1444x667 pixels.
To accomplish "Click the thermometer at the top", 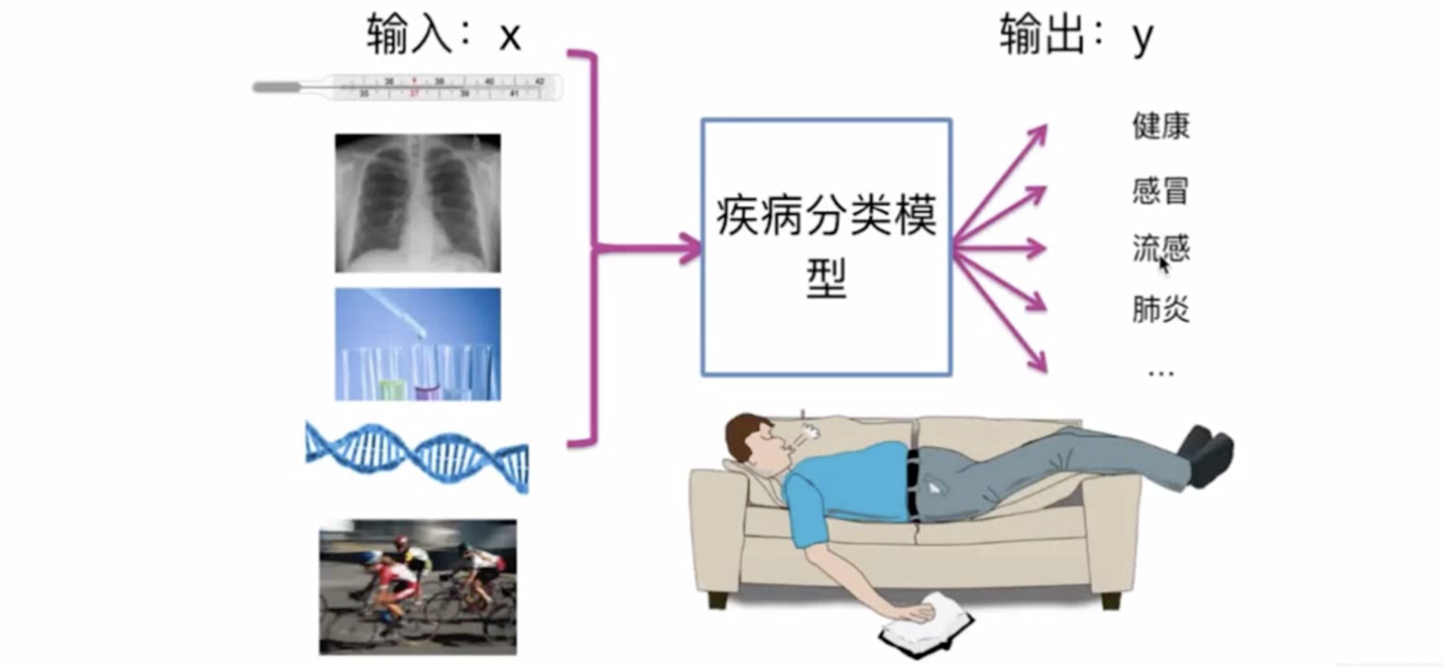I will [x=408, y=87].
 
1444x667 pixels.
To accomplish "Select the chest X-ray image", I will [x=417, y=203].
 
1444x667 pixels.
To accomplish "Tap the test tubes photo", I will [x=417, y=344].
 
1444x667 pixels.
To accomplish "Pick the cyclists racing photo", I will [x=417, y=587].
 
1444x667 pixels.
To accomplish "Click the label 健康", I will [x=1160, y=125].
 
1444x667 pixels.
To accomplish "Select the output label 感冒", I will [x=1160, y=190].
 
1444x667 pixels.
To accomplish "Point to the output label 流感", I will [x=1160, y=248].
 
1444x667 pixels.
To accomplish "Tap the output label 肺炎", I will [x=1160, y=309].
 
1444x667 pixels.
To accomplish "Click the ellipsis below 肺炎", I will [x=1160, y=373].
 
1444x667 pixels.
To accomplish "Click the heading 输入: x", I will [x=443, y=35].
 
